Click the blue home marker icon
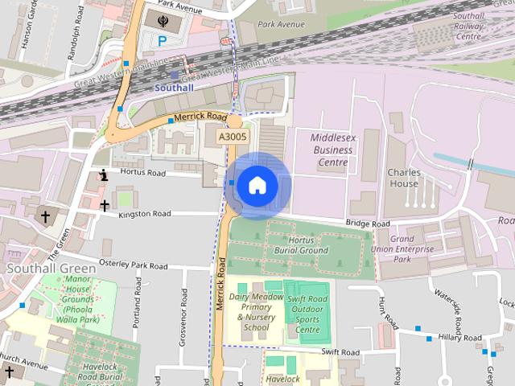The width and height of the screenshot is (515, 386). coord(257,185)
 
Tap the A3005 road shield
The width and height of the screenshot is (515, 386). coord(233,138)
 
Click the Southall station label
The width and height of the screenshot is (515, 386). coord(175,87)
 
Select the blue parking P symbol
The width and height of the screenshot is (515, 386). coord(163,40)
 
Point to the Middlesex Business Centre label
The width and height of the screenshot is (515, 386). coord(331,150)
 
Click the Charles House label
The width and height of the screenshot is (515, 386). coord(403,178)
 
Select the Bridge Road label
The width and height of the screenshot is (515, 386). coord(368,223)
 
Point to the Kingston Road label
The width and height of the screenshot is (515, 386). coord(145,214)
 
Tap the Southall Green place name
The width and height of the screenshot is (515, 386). coord(51,267)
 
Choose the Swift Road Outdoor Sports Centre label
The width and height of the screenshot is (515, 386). coord(308,314)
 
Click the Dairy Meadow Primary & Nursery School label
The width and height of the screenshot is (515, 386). coord(255,311)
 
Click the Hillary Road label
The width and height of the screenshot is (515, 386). coord(460,339)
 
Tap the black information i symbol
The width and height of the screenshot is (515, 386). coord(103,175)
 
